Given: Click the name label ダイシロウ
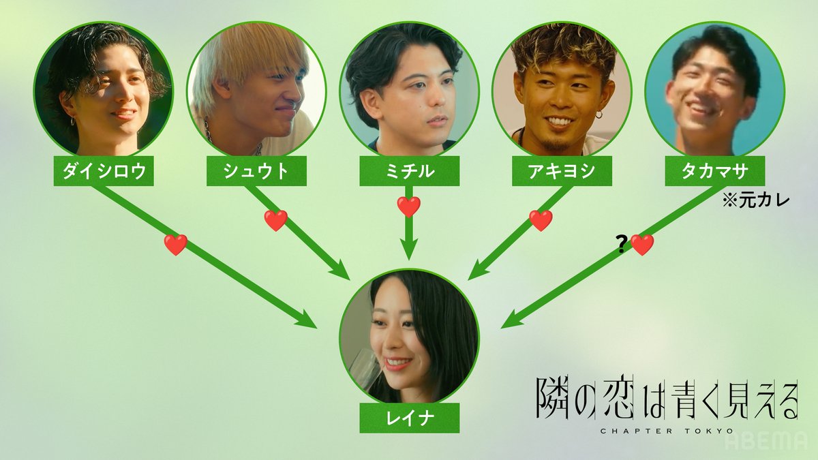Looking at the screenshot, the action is [104, 172].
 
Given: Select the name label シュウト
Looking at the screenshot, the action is [256, 172].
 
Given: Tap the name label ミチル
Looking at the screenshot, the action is [409, 172].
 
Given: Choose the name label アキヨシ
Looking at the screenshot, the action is [562, 172].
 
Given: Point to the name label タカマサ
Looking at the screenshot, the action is [714, 172].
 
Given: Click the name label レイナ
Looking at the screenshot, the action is [409, 419].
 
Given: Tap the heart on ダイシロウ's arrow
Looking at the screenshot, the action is [176, 245].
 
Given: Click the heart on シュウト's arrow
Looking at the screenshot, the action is [276, 220].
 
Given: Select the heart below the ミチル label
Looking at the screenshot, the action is [409, 206].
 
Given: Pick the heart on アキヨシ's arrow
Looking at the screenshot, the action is [541, 220].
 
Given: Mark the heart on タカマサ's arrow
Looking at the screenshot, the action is [642, 245].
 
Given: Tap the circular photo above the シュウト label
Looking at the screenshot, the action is [256, 89].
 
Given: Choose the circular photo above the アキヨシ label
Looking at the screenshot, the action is [562, 89].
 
